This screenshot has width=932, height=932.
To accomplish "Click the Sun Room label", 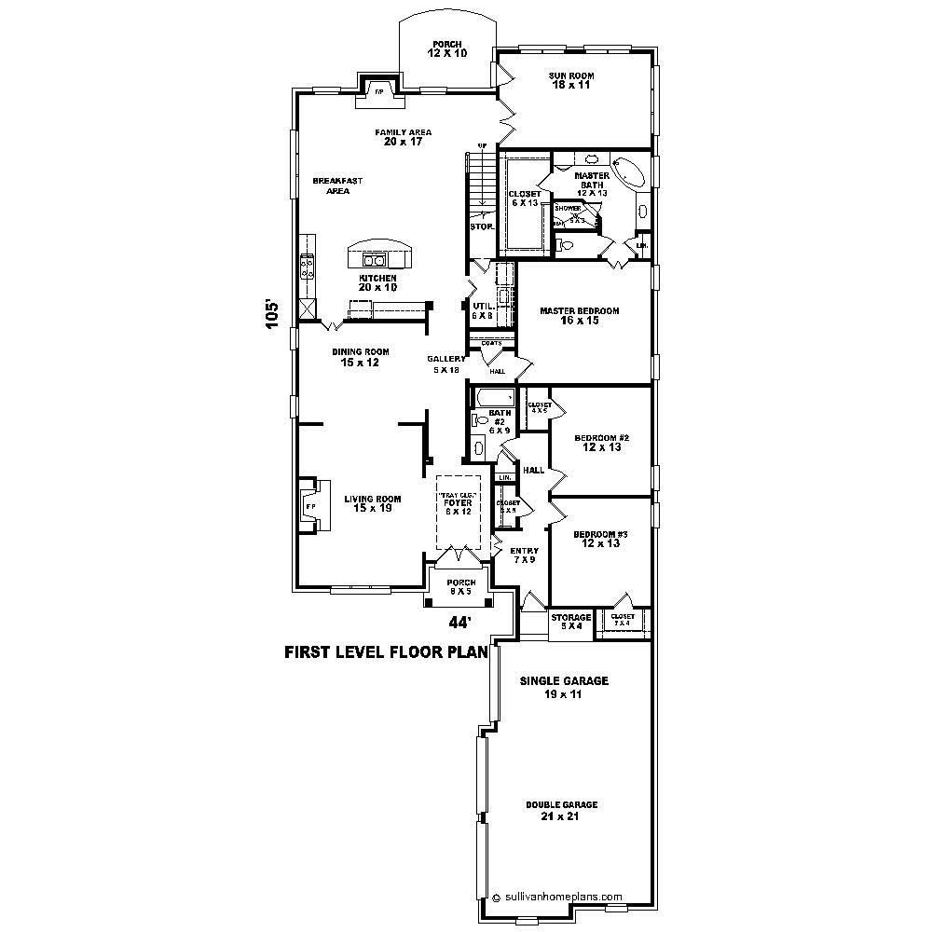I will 572,81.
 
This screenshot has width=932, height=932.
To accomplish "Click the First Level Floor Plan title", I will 386,653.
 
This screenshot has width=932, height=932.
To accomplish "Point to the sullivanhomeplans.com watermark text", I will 562,897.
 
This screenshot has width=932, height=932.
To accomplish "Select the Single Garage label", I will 563,687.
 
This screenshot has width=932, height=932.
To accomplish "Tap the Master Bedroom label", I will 580,316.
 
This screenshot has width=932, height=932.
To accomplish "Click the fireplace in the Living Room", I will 310,506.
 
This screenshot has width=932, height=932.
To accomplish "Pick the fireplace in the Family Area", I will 379,91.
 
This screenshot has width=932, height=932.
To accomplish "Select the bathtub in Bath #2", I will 494,398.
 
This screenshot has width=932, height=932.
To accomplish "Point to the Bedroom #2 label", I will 601,443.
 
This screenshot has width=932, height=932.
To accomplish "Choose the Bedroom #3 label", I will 601,538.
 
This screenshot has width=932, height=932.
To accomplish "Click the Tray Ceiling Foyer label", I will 458,503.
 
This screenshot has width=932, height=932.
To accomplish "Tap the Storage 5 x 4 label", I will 570,622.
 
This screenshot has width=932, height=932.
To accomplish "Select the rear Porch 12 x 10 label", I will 446,48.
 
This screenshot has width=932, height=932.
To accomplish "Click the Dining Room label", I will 360,357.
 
